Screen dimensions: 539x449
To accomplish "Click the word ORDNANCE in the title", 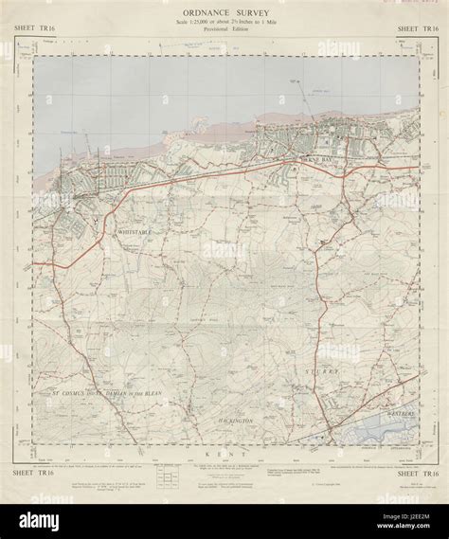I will [198, 12].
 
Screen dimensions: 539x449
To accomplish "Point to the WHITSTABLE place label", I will [142, 230].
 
